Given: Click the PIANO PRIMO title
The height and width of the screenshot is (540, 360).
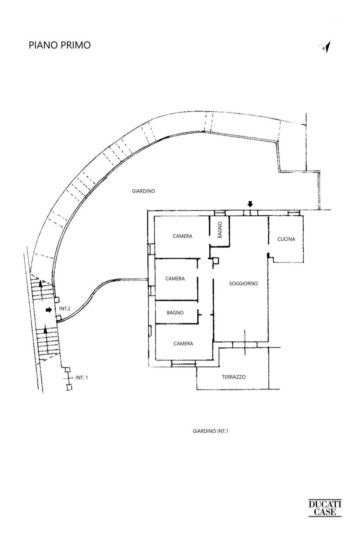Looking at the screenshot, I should tap(59, 45).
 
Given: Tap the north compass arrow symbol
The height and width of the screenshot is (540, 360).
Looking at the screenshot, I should tap(325, 47).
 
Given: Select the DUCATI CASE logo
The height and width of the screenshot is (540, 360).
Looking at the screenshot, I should tap(325, 508).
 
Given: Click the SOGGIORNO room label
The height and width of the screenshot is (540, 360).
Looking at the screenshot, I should tap(243, 283).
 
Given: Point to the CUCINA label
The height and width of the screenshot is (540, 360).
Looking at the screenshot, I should tap(286, 239).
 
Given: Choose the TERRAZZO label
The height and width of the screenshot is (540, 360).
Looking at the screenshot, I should tap(234, 377).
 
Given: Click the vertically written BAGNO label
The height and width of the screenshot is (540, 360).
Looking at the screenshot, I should tap(220, 230).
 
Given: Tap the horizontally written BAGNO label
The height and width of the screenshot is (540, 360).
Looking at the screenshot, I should tap(175, 312).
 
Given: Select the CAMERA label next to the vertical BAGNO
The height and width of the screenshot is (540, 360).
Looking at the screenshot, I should tap(182, 236).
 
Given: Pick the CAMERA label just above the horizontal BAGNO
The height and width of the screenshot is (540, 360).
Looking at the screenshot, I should tap(175, 279).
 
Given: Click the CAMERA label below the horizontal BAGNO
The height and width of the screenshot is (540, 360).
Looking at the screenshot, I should tap(183, 343).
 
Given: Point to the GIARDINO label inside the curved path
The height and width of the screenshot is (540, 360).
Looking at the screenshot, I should tap(143, 191).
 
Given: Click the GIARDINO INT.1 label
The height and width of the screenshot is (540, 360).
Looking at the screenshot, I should tap(210, 431).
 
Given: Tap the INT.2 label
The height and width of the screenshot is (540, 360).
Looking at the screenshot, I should tap(65, 309).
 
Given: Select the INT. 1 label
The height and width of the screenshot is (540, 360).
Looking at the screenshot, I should tap(82, 377).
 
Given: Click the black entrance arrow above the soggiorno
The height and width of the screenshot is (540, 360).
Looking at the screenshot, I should tap(250, 204).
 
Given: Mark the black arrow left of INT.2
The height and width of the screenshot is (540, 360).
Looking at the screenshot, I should tap(49, 310).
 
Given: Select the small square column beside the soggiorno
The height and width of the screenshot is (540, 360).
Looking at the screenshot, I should tap(216, 261).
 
